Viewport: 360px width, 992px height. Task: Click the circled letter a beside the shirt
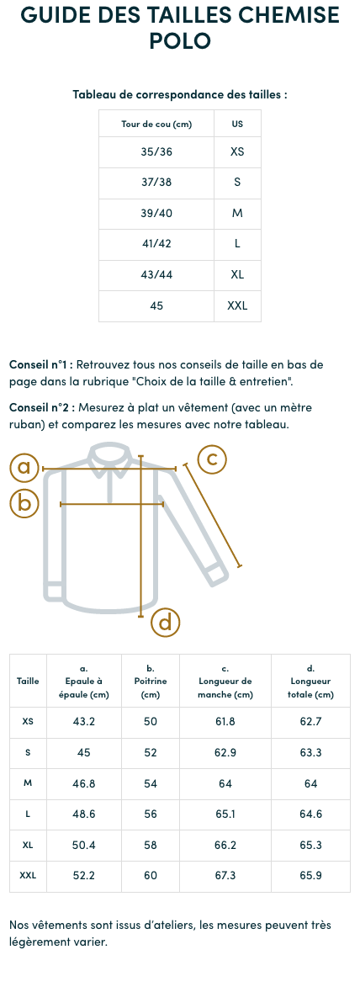[24, 467]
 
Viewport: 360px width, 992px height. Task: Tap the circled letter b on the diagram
[24, 503]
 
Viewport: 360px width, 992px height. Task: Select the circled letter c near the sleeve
[212, 459]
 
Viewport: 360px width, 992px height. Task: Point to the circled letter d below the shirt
[166, 622]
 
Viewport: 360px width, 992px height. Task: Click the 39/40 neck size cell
[156, 214]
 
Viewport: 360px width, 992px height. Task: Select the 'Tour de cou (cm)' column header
[156, 124]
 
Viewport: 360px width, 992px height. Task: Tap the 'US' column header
[237, 124]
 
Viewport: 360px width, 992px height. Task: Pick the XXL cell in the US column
[237, 306]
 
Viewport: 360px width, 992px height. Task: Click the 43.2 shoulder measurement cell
[84, 722]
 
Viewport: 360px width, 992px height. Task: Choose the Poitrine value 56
[151, 814]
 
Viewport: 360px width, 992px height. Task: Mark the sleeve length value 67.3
[225, 876]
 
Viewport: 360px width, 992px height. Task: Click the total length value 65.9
[311, 876]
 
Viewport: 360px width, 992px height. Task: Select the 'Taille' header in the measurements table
[28, 681]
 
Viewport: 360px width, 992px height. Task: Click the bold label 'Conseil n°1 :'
[41, 365]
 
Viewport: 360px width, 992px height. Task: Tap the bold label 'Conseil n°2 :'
[42, 407]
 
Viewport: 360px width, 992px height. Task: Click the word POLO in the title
[180, 40]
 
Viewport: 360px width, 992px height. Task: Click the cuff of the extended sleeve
[217, 576]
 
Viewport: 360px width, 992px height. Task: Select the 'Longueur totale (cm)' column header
[311, 681]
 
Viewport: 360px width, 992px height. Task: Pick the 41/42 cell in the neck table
[156, 244]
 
